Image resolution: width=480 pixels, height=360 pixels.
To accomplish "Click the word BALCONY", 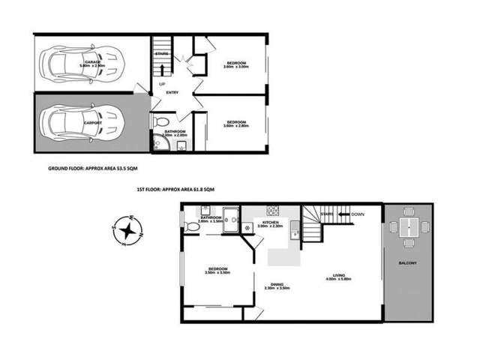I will (408, 263).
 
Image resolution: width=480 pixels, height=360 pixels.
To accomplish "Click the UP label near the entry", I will (162, 84).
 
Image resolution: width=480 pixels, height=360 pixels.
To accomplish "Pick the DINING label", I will (277, 283).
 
